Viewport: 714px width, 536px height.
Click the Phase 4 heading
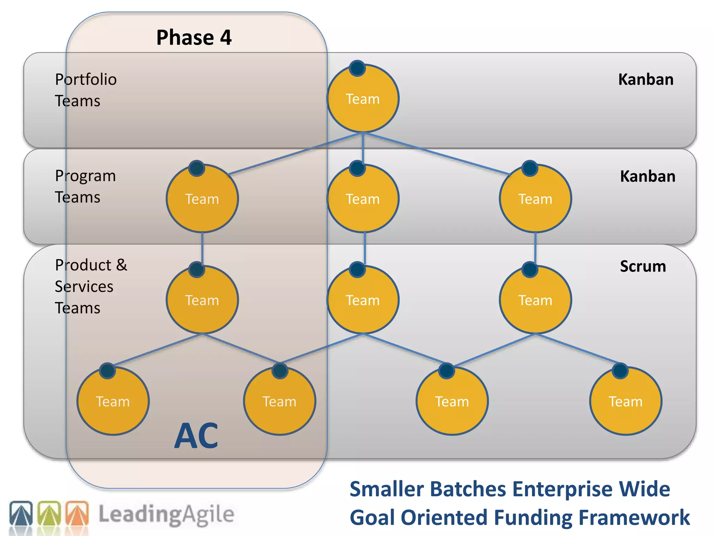(x=194, y=37)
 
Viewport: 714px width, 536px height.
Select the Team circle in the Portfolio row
(x=363, y=99)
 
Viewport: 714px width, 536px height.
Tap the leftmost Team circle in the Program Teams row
(x=202, y=199)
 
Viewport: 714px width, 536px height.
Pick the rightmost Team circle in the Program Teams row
(x=535, y=199)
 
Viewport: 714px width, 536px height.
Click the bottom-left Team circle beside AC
(x=113, y=401)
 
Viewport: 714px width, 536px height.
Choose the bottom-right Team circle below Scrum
(x=625, y=401)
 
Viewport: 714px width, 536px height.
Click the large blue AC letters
(x=196, y=435)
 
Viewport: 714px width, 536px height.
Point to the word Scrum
(x=643, y=266)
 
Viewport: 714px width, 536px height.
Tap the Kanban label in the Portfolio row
(x=646, y=80)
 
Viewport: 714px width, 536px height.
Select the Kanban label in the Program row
(x=647, y=176)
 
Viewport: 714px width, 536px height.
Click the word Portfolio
(x=86, y=80)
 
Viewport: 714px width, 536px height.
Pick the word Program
(x=85, y=176)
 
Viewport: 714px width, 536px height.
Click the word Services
(x=84, y=286)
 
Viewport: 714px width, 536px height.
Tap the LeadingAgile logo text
(x=166, y=514)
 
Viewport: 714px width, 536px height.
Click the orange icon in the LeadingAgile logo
(x=77, y=513)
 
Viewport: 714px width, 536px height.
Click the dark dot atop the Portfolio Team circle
(x=357, y=68)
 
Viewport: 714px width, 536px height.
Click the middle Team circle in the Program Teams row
(x=363, y=199)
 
